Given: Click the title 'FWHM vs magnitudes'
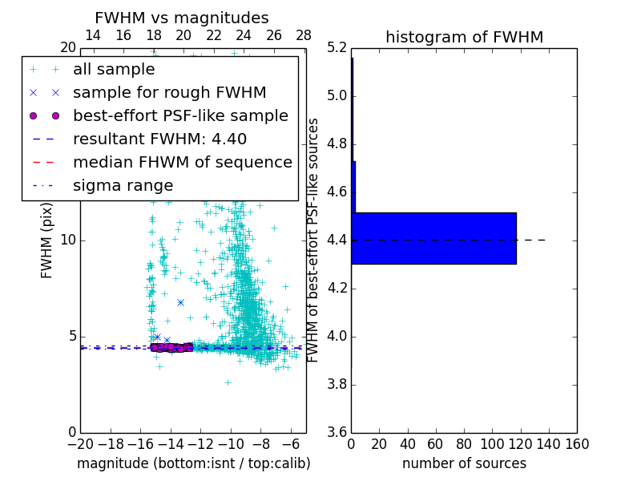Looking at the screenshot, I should coord(182,18).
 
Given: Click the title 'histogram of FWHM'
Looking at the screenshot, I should coord(464,37).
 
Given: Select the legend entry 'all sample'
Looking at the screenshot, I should coord(114,70).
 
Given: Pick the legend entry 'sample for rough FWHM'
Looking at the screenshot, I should coord(169,92).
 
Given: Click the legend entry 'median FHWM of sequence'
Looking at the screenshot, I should coord(183,162).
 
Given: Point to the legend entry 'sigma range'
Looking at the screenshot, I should coord(123,185).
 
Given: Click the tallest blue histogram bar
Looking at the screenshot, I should coord(433,238).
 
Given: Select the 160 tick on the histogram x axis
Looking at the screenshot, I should coord(577,444).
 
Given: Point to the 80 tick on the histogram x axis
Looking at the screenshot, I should coord(464,444).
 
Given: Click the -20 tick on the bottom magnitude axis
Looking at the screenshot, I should coord(80,444).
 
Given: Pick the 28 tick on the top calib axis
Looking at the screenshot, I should coord(304,35).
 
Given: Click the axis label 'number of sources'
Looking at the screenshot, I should coord(464,463).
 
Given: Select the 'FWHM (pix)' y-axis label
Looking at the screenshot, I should coord(47,240).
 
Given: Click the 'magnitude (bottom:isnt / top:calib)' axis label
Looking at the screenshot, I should coord(194,463).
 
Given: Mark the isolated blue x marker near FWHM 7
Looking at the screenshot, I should coord(180,302).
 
